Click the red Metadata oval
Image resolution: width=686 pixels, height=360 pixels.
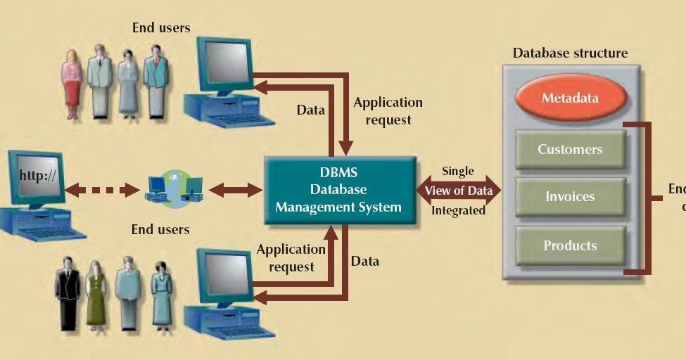pyautogui.click(x=571, y=98)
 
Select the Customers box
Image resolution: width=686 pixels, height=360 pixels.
pyautogui.click(x=570, y=149)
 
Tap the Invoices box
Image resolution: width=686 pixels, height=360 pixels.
pyautogui.click(x=570, y=197)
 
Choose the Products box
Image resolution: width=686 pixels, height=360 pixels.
pyautogui.click(x=570, y=245)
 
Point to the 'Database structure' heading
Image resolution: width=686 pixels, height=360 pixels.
pyautogui.click(x=570, y=53)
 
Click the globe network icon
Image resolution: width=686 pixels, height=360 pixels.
pyautogui.click(x=174, y=188)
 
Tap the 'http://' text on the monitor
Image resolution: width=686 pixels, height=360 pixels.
pyautogui.click(x=38, y=175)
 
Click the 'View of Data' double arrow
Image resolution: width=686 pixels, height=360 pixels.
pyautogui.click(x=458, y=191)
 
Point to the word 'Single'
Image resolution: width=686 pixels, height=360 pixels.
pyautogui.click(x=457, y=171)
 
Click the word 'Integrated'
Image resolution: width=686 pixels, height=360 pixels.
pyautogui.click(x=458, y=210)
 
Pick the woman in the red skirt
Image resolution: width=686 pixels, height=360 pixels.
pyautogui.click(x=72, y=83)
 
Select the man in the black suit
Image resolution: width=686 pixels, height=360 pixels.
pyautogui.click(x=68, y=293)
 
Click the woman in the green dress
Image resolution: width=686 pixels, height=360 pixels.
pyautogui.click(x=96, y=295)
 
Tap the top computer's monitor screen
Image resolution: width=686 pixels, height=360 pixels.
pyautogui.click(x=225, y=63)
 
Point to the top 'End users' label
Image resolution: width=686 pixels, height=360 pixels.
pyautogui.click(x=161, y=28)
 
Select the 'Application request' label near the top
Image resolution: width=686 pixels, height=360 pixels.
pyautogui.click(x=388, y=111)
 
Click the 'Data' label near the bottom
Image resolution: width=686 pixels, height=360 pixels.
pyautogui.click(x=364, y=261)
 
